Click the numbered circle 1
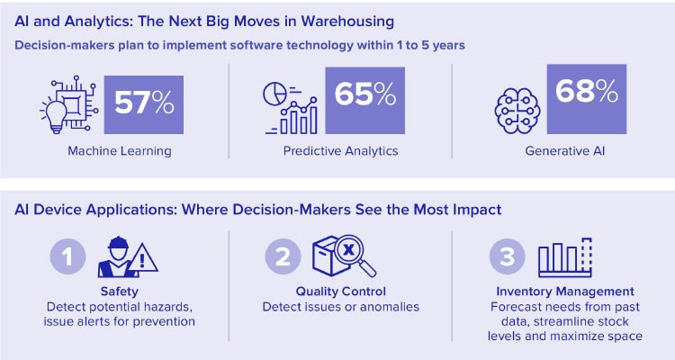point(67,257)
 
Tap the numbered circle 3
point(508,257)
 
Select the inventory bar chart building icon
point(564,256)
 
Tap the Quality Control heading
point(340,292)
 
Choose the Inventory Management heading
point(565,292)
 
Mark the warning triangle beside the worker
point(141,260)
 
